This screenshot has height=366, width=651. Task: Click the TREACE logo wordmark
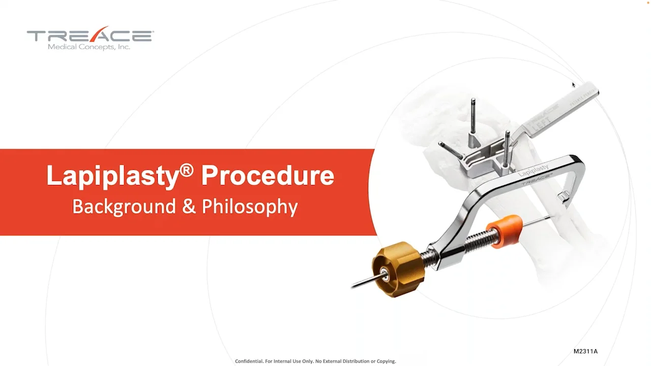(x=90, y=36)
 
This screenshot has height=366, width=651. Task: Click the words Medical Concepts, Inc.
(x=89, y=47)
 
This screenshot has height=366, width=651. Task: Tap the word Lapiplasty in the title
(x=112, y=176)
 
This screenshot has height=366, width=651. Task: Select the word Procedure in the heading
(x=268, y=175)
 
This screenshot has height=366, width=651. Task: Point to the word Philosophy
(x=250, y=207)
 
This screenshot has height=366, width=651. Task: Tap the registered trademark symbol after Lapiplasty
(x=187, y=170)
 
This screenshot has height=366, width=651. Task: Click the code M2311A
(x=585, y=351)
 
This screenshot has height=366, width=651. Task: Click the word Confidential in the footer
(x=249, y=361)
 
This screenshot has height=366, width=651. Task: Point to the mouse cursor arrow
(x=573, y=84)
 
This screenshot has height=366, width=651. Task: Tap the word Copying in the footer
(x=385, y=361)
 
